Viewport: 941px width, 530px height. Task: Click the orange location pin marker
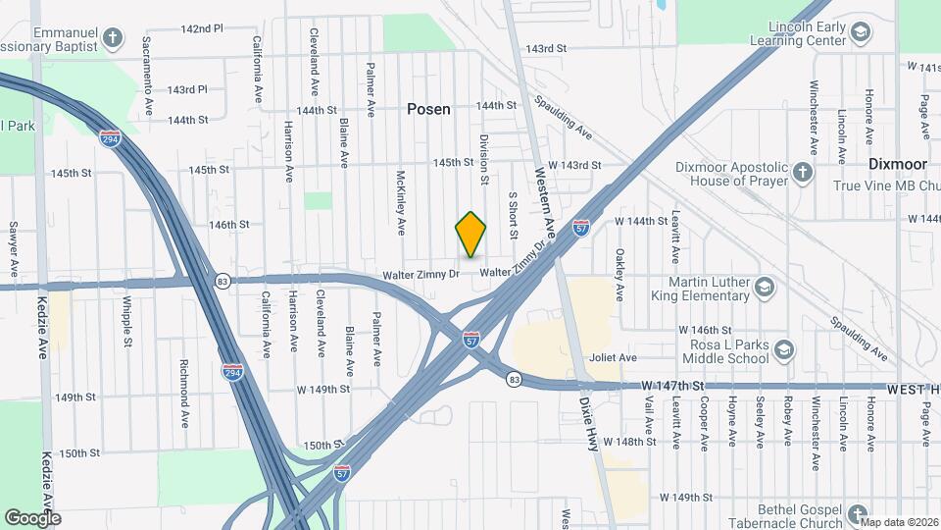tap(471, 235)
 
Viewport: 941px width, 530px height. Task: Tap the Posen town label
tap(429, 109)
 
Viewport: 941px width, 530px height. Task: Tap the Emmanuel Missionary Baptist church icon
tap(113, 38)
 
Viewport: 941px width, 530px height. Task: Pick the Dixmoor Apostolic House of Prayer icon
tap(803, 174)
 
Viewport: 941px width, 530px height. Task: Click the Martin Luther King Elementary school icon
tap(765, 288)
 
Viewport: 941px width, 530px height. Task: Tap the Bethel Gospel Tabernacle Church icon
tap(858, 515)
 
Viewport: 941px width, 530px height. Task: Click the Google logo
tap(32, 518)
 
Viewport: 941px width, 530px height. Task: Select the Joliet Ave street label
tap(613, 358)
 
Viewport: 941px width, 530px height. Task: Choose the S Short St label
tap(512, 215)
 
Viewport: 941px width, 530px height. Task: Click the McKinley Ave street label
tap(401, 203)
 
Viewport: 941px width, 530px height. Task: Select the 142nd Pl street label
tap(202, 28)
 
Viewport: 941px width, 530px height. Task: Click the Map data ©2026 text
tap(899, 522)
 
